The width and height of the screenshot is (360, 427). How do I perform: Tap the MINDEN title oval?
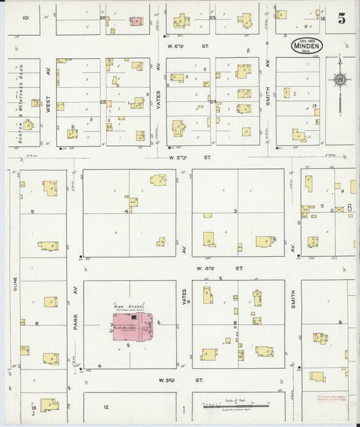(x=307, y=45)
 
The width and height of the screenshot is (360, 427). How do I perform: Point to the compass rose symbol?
(x=340, y=81)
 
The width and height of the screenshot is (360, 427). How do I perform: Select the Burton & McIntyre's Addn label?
(x=21, y=104)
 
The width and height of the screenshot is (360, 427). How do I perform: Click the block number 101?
(x=26, y=18)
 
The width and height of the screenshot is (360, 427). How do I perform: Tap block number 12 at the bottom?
(x=105, y=407)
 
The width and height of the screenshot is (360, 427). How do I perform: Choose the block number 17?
(x=315, y=107)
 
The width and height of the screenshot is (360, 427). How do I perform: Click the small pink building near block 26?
(x=136, y=21)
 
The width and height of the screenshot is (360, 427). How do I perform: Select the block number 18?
(x=323, y=19)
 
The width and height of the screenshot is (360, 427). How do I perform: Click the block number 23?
(x=211, y=18)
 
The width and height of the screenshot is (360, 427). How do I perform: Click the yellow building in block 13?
(x=49, y=405)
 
